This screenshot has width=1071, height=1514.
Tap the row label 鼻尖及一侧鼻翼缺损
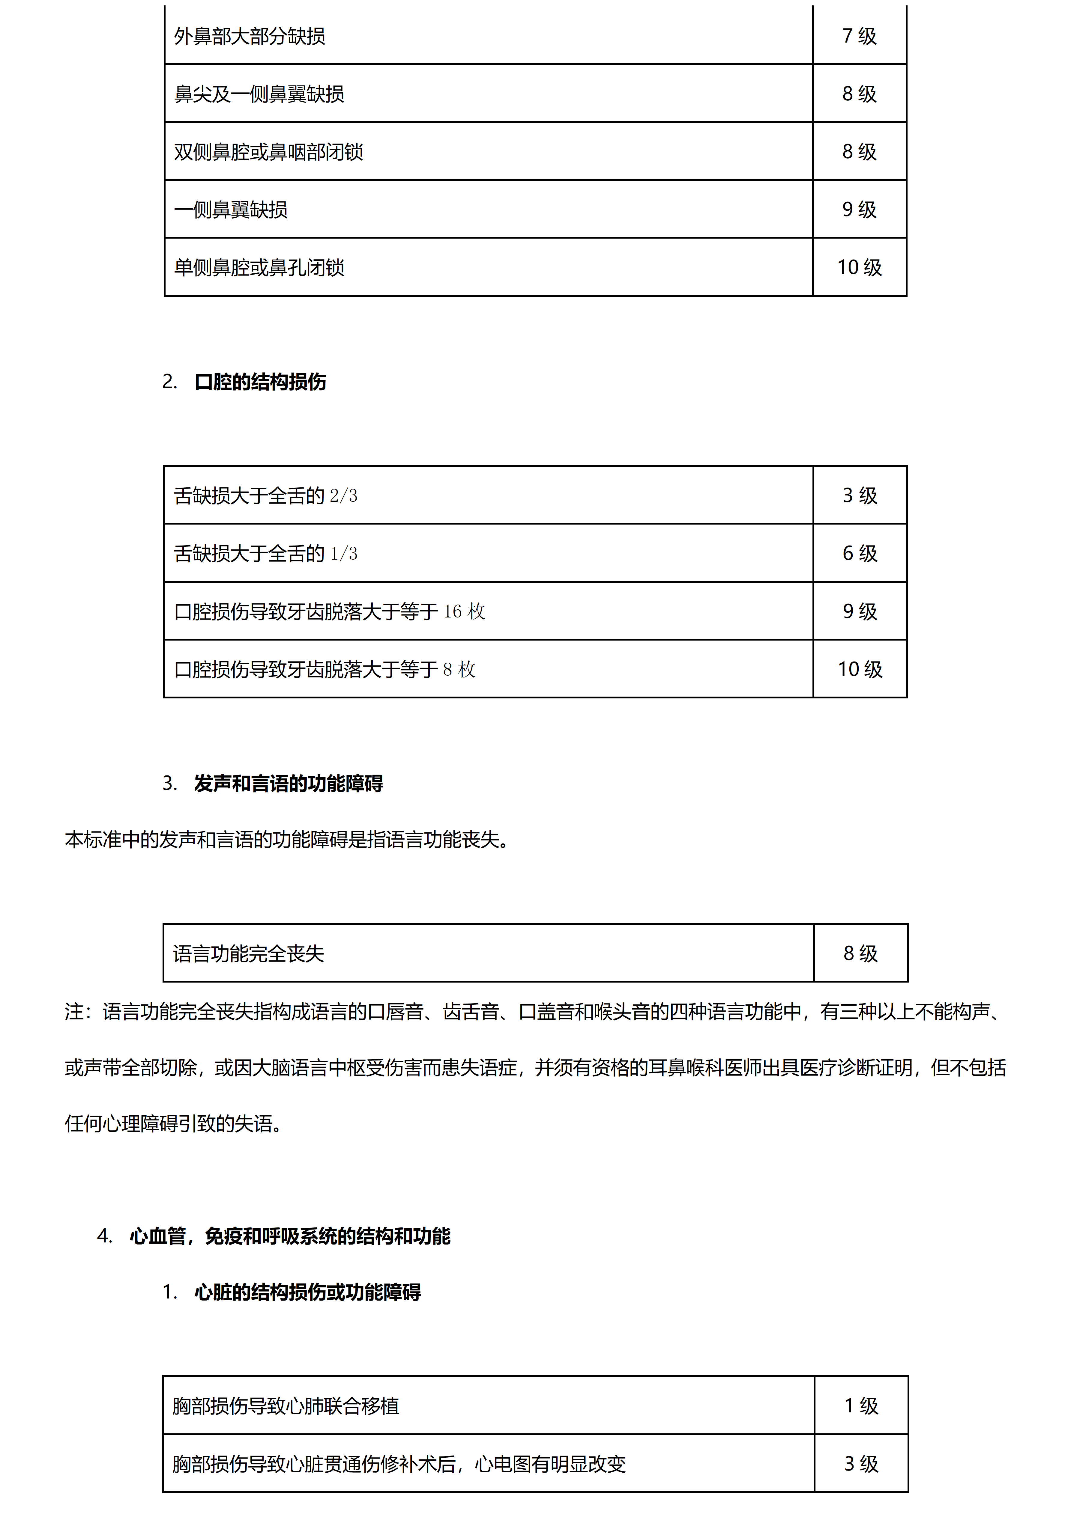pos(259,94)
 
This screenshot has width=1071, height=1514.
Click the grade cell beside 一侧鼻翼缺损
pos(859,209)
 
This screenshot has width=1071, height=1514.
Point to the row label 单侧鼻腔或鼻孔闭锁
pos(259,267)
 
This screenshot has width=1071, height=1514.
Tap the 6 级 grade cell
pos(860,553)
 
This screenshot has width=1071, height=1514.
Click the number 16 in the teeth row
pos(452,611)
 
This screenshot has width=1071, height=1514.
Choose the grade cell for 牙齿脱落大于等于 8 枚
pos(860,669)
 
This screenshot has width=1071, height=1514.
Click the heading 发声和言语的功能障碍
pos(289,783)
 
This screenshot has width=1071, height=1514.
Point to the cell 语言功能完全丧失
pos(249,953)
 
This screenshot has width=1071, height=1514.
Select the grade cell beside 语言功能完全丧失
pos(860,953)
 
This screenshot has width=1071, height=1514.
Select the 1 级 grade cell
pos(861,1406)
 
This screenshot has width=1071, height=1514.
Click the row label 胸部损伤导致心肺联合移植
pos(286,1406)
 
